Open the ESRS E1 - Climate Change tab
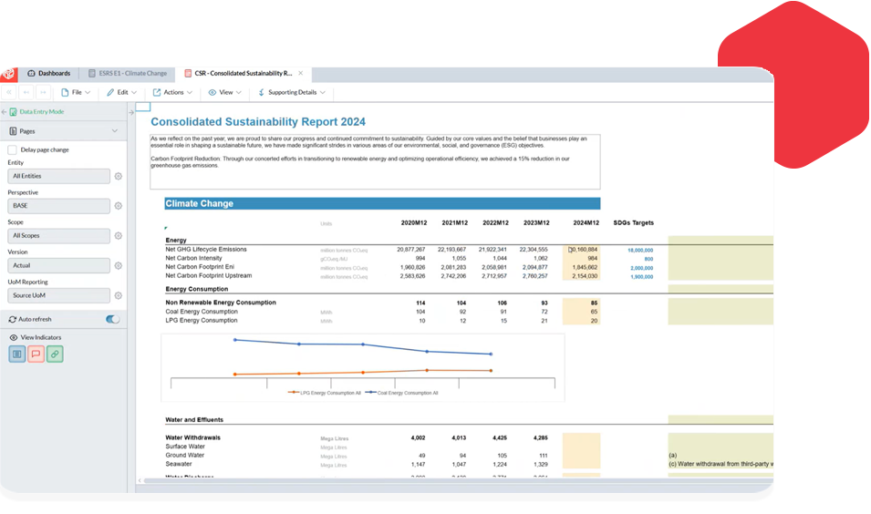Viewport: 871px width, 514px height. [129, 73]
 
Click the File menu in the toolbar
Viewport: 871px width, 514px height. [76, 92]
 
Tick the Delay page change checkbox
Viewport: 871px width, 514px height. [12, 149]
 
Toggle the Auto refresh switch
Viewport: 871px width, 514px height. [113, 320]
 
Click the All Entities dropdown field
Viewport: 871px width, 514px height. [58, 176]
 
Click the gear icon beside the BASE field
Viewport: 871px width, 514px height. [118, 206]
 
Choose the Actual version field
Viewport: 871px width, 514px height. [58, 265]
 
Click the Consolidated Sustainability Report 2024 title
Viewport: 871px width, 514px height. [258, 121]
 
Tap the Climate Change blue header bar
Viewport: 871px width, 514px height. [382, 204]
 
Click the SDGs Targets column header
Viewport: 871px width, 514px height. [633, 223]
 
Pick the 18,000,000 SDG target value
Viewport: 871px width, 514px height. [639, 250]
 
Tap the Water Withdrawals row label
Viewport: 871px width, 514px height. [192, 437]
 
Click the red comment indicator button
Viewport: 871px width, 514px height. [36, 354]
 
